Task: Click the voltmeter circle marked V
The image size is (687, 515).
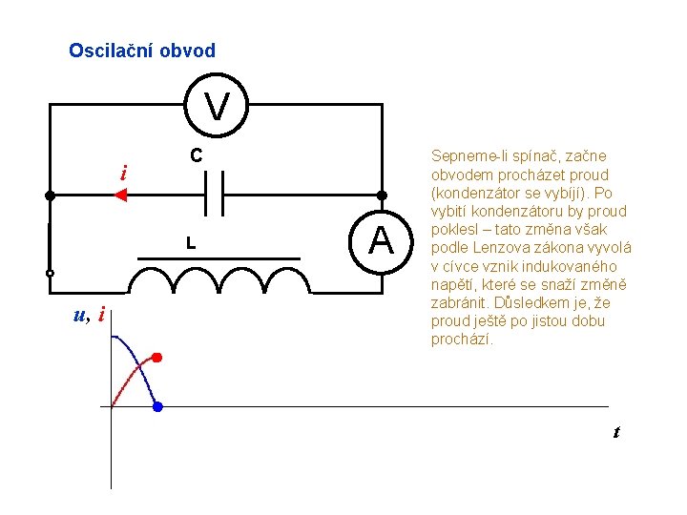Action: [218, 107]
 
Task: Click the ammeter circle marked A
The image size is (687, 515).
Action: [381, 240]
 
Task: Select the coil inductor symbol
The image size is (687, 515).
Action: [220, 278]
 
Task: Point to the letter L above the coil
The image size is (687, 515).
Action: [191, 244]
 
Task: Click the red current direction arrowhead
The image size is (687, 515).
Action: [120, 195]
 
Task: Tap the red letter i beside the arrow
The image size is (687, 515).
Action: [123, 173]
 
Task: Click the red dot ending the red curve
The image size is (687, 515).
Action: [157, 358]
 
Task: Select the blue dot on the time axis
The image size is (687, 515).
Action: [157, 407]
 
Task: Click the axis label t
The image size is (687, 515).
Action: [616, 432]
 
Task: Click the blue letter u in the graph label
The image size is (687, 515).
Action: [79, 315]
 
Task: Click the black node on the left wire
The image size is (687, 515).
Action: [50, 195]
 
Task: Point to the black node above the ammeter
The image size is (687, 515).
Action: [381, 195]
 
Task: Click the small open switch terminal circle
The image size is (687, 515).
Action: [50, 273]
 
